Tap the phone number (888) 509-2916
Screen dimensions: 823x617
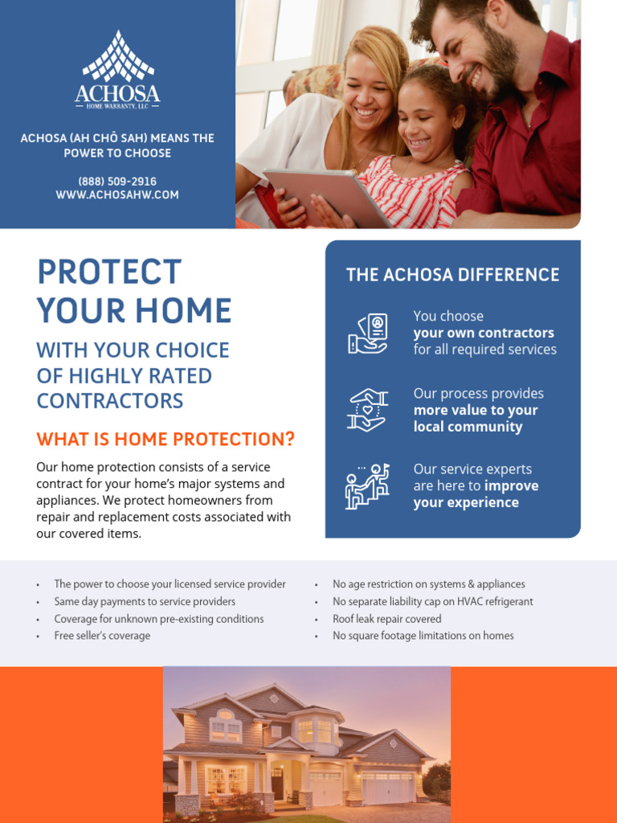click(x=117, y=182)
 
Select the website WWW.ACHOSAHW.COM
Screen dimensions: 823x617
click(x=117, y=195)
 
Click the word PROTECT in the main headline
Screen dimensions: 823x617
click(x=109, y=272)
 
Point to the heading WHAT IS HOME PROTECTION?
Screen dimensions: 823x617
click(x=165, y=440)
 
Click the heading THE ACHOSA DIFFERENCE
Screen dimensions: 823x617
click(x=452, y=275)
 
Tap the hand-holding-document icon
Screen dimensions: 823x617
click(x=368, y=333)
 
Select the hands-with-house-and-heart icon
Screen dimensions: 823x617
click(x=368, y=410)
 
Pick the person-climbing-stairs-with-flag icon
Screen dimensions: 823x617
click(x=368, y=486)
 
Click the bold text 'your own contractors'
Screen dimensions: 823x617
click(x=484, y=333)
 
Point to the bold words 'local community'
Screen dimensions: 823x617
click(x=468, y=427)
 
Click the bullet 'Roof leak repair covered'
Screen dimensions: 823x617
click(x=387, y=619)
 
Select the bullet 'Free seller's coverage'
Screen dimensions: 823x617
click(x=102, y=636)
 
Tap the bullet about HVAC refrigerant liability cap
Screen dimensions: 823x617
click(x=433, y=602)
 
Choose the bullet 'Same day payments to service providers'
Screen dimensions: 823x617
click(x=145, y=602)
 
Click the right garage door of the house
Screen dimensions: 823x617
click(x=388, y=788)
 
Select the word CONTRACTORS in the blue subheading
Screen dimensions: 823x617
click(x=110, y=401)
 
